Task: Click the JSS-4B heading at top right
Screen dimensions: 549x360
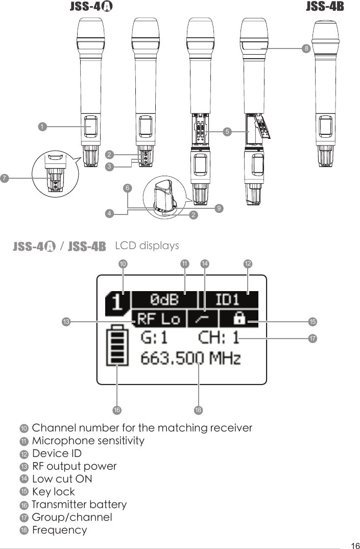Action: (325, 7)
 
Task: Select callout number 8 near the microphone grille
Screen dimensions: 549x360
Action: (305, 49)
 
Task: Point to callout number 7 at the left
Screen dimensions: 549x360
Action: (5, 178)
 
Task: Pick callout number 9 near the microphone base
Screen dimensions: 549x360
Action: (218, 208)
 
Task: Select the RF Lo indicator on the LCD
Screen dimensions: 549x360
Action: (158, 319)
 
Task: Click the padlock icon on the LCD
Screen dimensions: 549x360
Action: (238, 319)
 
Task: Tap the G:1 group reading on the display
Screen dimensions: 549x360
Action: (154, 338)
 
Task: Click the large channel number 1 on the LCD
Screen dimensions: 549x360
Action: (117, 303)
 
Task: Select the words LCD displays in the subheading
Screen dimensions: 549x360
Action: (147, 246)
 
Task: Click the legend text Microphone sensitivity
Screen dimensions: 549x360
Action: (88, 440)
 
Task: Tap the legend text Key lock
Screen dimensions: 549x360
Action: (53, 492)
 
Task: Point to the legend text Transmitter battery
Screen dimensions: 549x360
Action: (79, 505)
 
